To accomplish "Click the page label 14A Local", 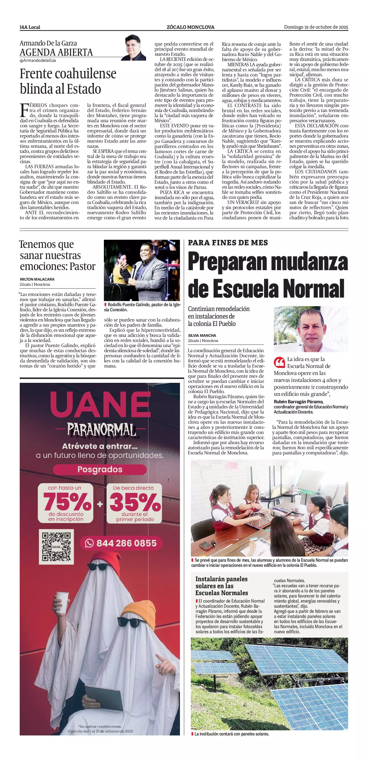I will pyautogui.click(x=30, y=27).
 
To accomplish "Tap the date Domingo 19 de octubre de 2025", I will pyautogui.click(x=316, y=27).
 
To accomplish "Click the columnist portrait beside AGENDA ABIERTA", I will pyautogui.click(x=135, y=48).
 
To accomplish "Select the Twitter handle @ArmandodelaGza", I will pyautogui.click(x=38, y=60).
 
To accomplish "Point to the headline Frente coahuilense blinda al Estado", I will pyautogui.click(x=68, y=81).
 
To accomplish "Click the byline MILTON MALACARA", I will pyautogui.click(x=37, y=279).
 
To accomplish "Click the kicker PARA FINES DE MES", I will pyautogui.click(x=228, y=243).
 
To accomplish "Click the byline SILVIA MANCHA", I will pyautogui.click(x=202, y=335).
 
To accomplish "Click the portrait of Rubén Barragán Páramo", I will pyautogui.click(x=311, y=329).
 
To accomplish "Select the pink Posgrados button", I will pyautogui.click(x=100, y=469).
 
